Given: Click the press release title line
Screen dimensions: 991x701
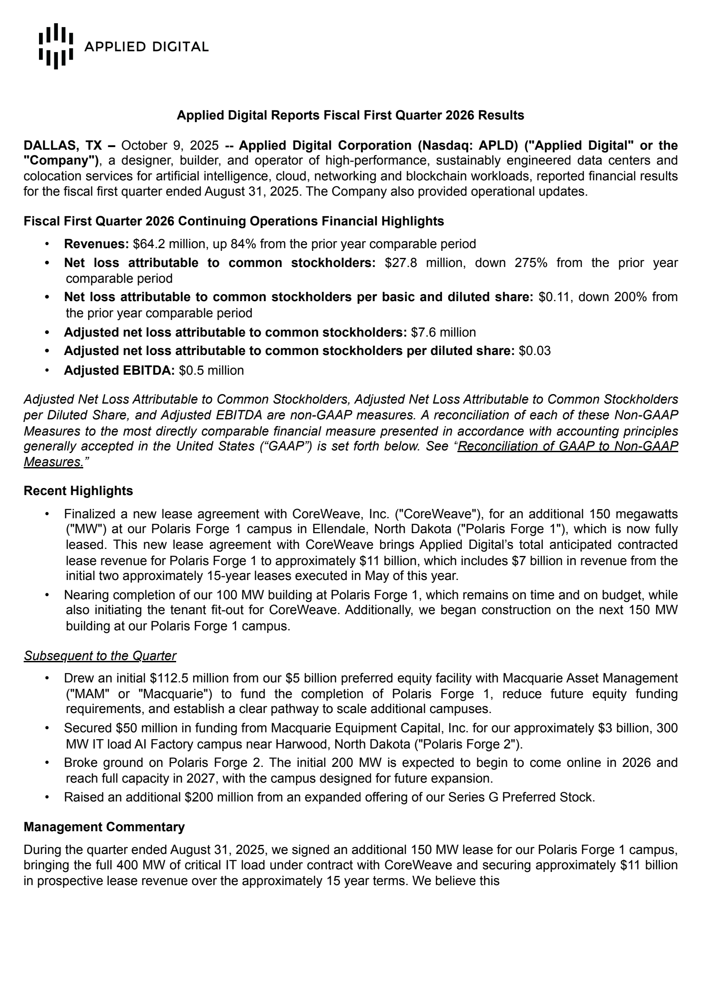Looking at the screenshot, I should [x=350, y=115].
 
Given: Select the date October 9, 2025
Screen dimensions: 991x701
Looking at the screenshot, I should [x=170, y=145].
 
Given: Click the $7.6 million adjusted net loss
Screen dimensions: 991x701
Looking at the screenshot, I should [x=443, y=332].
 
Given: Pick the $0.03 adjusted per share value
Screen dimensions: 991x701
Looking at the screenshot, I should [x=535, y=351].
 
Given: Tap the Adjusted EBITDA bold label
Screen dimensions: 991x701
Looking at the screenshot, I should [x=119, y=370].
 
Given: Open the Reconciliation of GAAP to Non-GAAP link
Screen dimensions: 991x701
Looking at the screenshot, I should [x=567, y=446].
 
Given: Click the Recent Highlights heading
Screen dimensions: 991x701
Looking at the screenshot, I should [x=78, y=491].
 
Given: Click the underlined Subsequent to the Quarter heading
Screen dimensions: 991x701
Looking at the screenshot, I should [x=100, y=655].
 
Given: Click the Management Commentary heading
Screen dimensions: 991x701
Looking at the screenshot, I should [x=104, y=827].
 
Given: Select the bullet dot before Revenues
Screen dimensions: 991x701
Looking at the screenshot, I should [x=47, y=243].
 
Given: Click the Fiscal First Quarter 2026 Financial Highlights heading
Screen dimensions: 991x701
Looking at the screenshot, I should [x=234, y=221].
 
